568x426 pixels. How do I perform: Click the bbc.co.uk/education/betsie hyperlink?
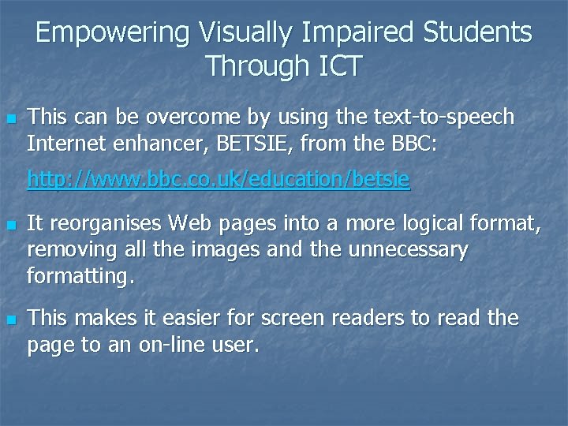(x=219, y=180)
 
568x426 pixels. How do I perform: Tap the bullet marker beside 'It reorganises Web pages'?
(x=10, y=226)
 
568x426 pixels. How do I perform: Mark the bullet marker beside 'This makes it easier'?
(x=10, y=320)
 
